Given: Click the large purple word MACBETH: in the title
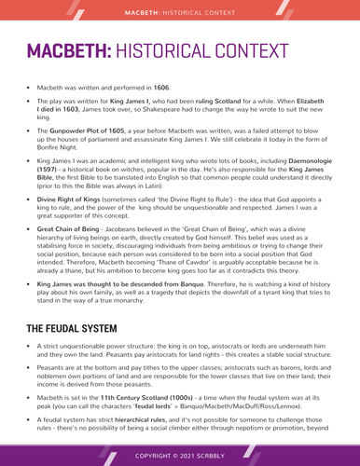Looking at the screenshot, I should click(76, 51).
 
